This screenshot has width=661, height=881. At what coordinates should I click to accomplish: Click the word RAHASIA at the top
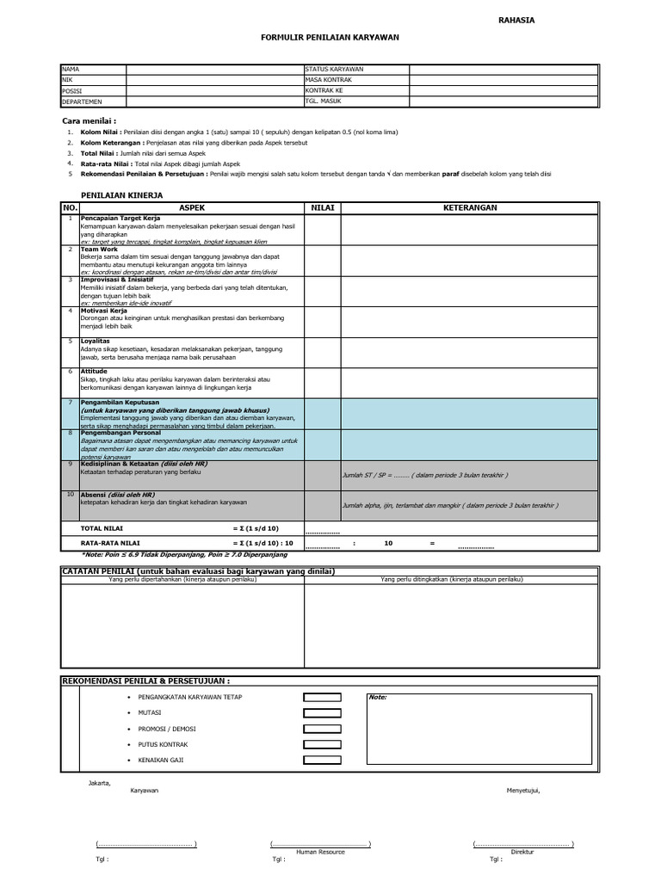click(x=516, y=20)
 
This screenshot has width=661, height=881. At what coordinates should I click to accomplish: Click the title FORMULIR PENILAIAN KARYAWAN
click(x=330, y=38)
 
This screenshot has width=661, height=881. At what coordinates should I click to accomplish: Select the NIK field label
click(x=67, y=79)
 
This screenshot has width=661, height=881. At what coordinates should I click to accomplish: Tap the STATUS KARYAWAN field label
click(x=334, y=69)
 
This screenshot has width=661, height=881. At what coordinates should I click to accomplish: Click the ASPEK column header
click(x=191, y=208)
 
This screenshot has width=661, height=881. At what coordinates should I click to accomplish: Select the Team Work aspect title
click(x=98, y=249)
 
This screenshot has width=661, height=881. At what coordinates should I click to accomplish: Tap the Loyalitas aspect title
click(x=96, y=341)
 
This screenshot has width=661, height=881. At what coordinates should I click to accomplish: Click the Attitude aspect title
click(x=94, y=372)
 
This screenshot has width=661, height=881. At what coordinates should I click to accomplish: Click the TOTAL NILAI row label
click(x=102, y=527)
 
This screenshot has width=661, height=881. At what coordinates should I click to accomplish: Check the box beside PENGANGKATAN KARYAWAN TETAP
click(x=321, y=698)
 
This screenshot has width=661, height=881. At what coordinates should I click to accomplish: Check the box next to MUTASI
click(x=321, y=713)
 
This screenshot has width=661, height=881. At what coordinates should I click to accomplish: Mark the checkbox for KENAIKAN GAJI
click(x=321, y=761)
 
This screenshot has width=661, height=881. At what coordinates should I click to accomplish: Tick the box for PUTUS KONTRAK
click(x=321, y=745)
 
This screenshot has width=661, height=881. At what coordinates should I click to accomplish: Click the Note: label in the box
click(x=379, y=698)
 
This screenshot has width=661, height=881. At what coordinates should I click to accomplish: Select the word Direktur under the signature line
click(x=522, y=852)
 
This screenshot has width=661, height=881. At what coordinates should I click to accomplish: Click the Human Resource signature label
click(x=320, y=852)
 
